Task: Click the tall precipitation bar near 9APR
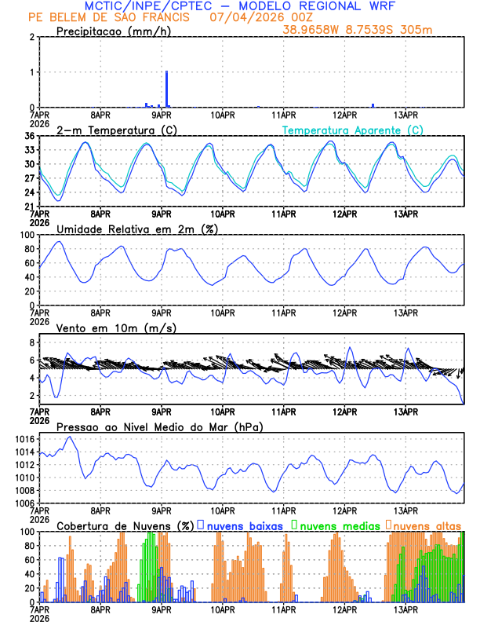tap(166, 88)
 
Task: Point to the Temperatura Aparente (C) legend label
tap(353, 130)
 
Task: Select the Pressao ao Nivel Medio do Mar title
tap(159, 426)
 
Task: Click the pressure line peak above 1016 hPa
tap(69, 437)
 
